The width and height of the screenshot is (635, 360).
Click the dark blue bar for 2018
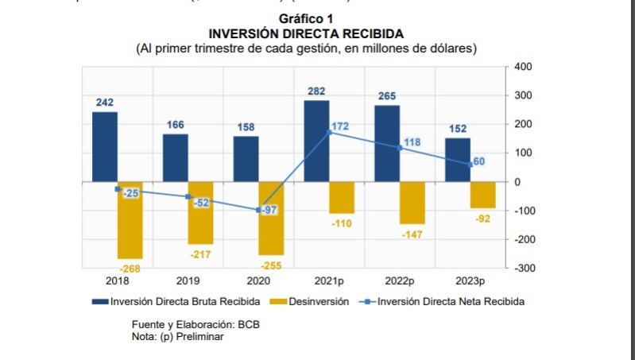(105, 147)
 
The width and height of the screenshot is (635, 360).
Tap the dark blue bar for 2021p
(316, 141)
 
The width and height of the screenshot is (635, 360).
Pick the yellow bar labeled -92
(482, 195)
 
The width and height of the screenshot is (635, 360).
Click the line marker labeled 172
(329, 132)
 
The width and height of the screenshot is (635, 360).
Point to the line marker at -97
(259, 210)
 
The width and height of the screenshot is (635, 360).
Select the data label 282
(316, 92)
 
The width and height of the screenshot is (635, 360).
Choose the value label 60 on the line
(479, 161)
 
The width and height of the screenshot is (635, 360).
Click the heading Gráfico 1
(306, 18)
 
